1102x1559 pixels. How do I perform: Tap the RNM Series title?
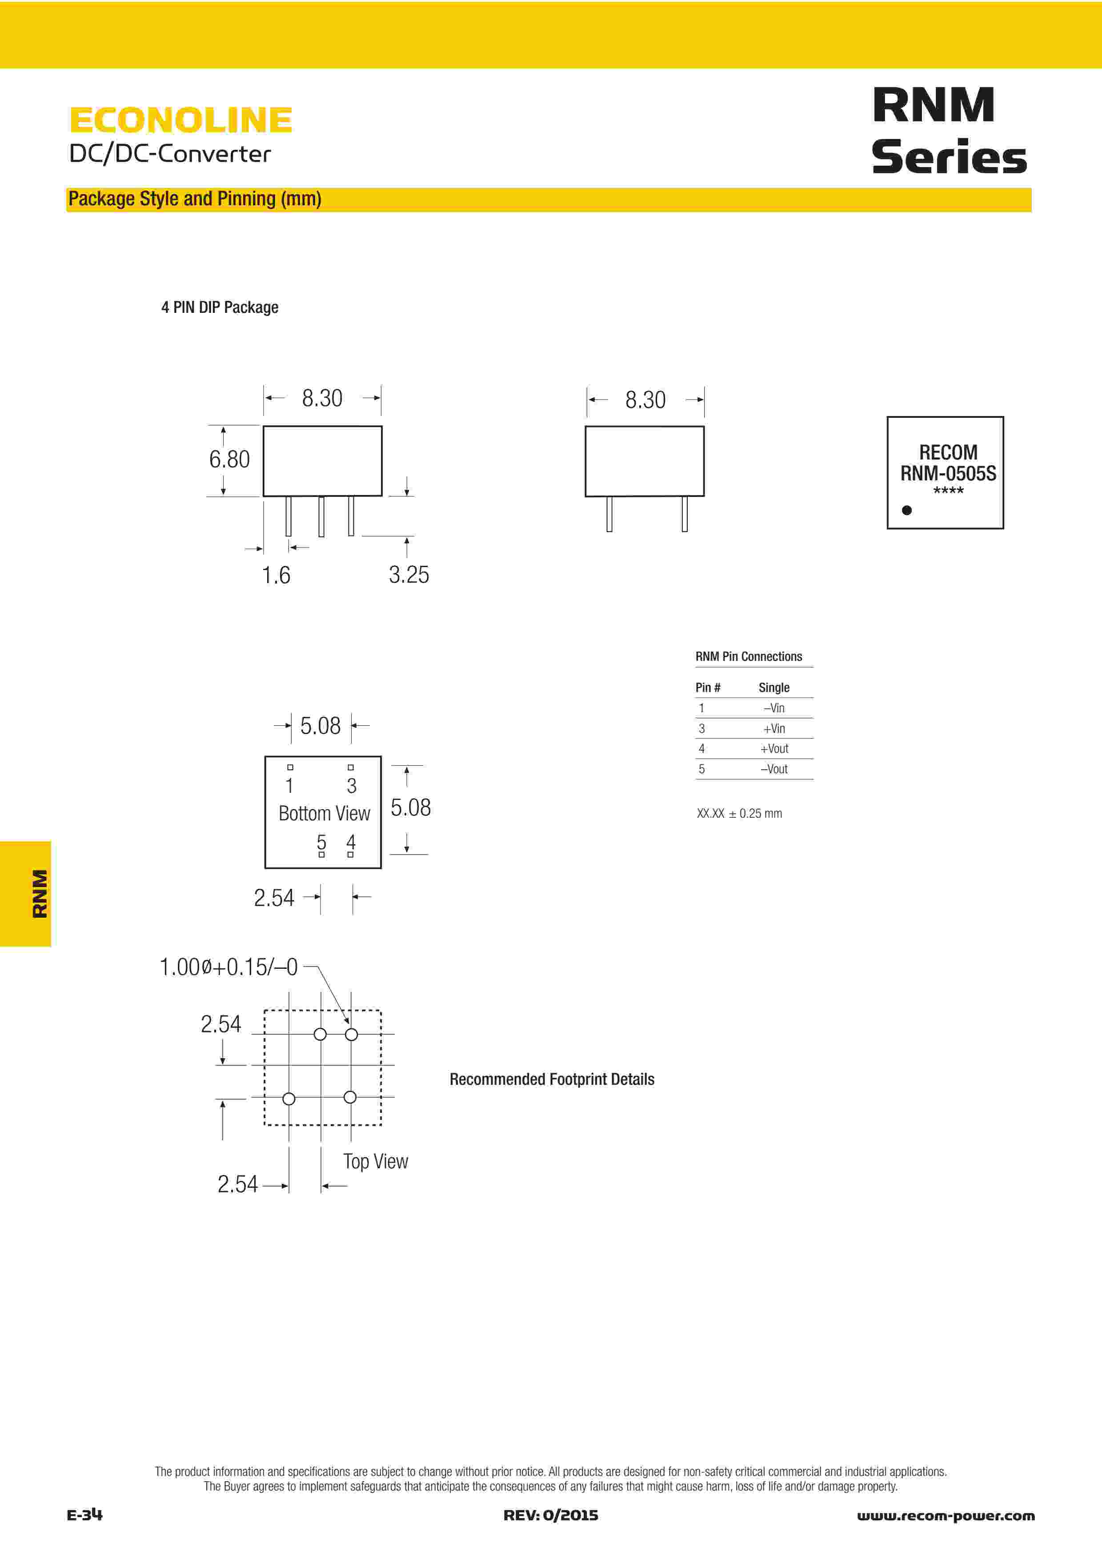pos(949,130)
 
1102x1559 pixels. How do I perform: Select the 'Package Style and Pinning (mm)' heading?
pos(195,199)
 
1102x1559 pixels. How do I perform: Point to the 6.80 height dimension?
pos(229,460)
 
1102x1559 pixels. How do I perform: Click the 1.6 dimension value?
pos(277,575)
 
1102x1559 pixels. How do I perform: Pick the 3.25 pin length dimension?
pos(409,575)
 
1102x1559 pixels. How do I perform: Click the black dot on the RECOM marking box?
pos(906,510)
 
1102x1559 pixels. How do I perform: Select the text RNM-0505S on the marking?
pos(948,473)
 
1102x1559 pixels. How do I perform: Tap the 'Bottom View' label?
pos(325,813)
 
